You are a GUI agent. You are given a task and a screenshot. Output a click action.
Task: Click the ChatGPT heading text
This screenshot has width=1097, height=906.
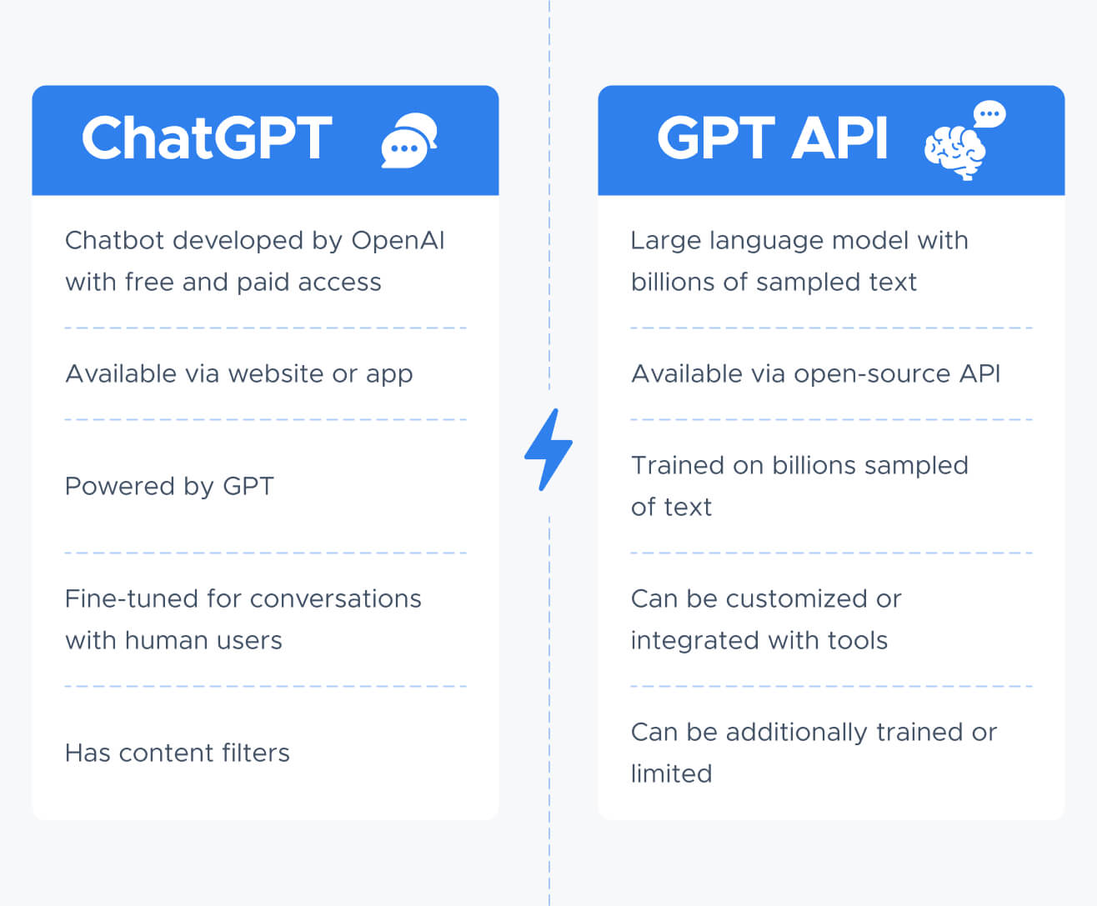click(207, 138)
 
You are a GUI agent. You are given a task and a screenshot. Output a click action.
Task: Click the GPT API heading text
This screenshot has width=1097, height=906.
click(772, 138)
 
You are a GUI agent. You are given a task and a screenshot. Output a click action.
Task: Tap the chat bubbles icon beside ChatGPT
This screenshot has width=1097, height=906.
click(409, 140)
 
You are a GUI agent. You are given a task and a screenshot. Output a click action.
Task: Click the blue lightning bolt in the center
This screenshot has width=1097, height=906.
click(548, 449)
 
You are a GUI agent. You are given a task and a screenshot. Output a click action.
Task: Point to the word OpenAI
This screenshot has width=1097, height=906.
click(398, 241)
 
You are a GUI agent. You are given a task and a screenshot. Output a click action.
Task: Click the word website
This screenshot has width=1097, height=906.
click(276, 374)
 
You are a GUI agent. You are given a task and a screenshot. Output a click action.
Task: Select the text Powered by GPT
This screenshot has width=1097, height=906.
click(169, 487)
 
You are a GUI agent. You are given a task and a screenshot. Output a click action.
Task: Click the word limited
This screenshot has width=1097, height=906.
click(671, 773)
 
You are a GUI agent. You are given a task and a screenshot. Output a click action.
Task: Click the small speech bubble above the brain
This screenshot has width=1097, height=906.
click(989, 114)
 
